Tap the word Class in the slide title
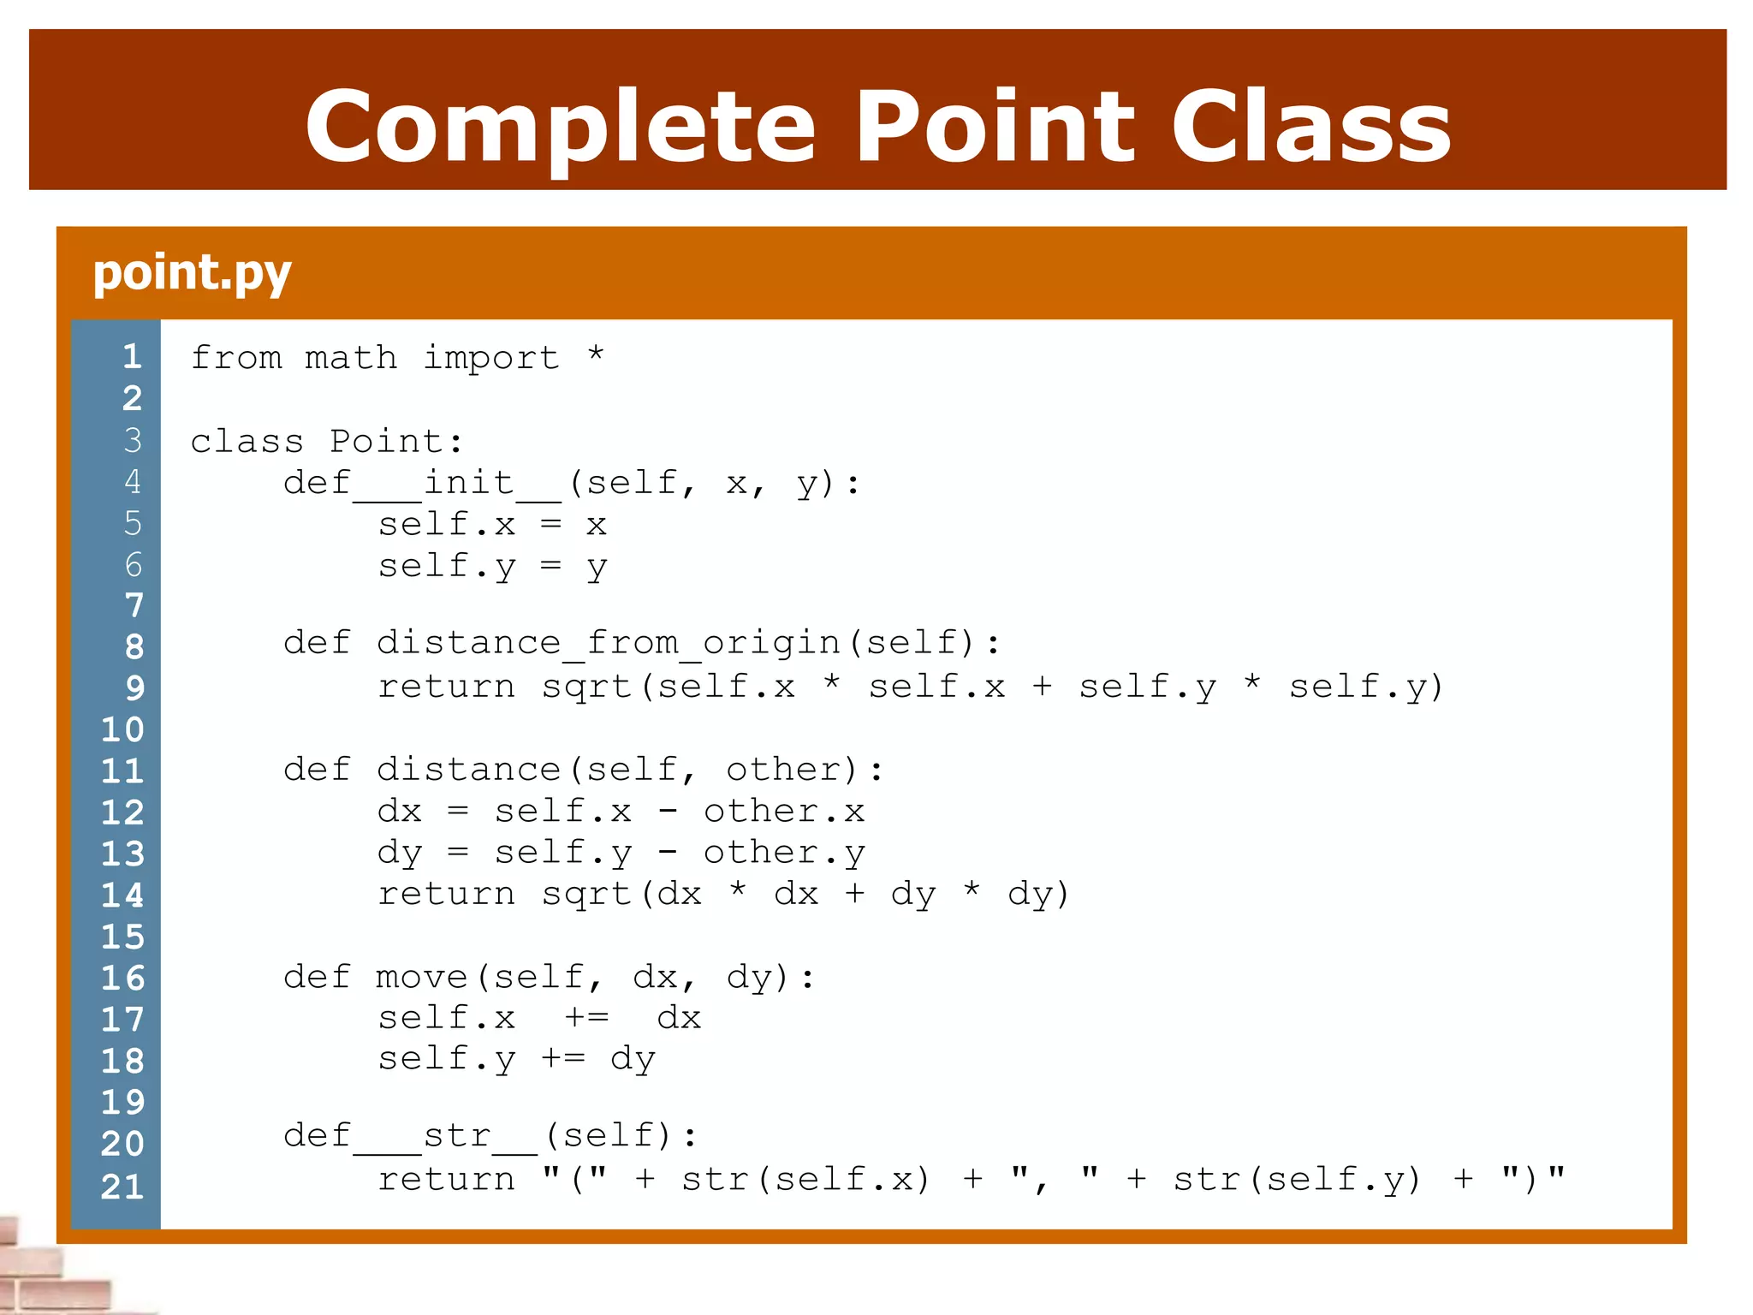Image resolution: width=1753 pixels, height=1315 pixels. [x=1310, y=127]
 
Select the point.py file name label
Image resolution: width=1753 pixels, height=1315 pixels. [x=192, y=273]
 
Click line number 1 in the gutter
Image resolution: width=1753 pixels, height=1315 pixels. [x=132, y=356]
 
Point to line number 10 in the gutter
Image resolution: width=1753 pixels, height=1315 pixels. [x=122, y=729]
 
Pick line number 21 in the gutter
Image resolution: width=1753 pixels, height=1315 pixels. [x=122, y=1186]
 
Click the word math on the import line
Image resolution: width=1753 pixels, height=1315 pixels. [x=351, y=357]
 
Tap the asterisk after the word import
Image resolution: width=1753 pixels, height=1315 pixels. [x=596, y=355]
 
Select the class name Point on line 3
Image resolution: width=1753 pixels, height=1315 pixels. [x=386, y=441]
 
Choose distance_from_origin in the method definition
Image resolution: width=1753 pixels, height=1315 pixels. [x=609, y=643]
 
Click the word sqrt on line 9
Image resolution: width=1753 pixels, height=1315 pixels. [x=586, y=687]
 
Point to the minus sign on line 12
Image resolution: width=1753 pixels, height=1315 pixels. [x=669, y=811]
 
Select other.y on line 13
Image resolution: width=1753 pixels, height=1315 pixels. [x=784, y=853]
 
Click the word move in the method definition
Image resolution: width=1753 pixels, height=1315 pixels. [x=421, y=977]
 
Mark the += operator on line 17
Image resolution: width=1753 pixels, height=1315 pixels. [x=587, y=1018]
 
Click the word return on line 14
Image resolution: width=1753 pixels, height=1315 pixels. [x=446, y=894]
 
